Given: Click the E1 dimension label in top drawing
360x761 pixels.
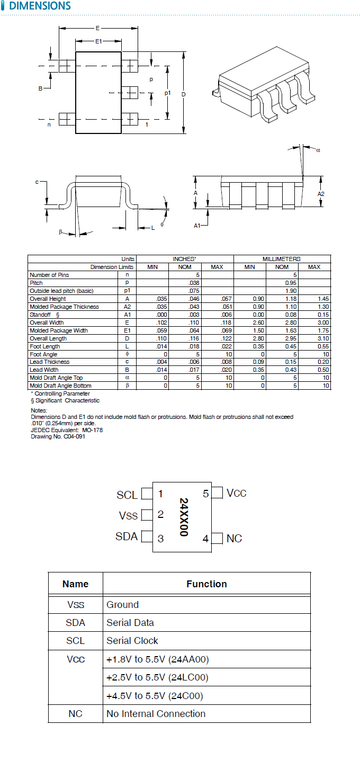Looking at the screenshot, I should (x=98, y=41).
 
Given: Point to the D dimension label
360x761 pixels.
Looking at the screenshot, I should (x=183, y=94).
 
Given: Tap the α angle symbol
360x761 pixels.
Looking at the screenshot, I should (x=318, y=150).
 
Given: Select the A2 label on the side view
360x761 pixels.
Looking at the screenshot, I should (x=321, y=194).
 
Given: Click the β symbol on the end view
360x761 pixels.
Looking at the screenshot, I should (x=61, y=231).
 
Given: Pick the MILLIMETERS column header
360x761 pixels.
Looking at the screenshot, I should (x=282, y=259).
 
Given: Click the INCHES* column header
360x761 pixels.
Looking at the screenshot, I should (x=184, y=259).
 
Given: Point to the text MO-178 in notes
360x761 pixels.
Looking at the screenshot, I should (x=93, y=430).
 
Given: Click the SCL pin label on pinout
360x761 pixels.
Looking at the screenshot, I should (x=127, y=495).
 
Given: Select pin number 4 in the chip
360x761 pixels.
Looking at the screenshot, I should (x=205, y=539).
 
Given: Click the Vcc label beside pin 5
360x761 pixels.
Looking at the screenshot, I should (x=237, y=493).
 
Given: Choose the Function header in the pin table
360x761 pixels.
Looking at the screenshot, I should (x=206, y=584).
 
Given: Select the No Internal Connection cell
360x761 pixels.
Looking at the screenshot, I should (x=156, y=714).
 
